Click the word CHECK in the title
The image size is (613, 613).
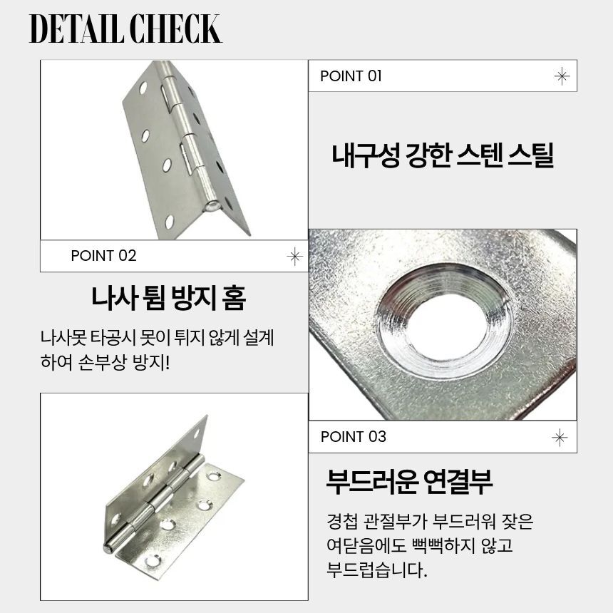tap(175, 29)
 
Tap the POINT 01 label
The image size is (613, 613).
tap(351, 76)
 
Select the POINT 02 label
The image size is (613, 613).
tap(103, 256)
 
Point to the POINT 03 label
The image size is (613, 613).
tap(353, 437)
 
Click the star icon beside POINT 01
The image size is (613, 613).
tap(562, 76)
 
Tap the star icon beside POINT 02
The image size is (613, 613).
tap(295, 257)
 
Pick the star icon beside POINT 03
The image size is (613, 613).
tap(560, 438)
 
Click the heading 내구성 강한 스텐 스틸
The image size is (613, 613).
tap(443, 155)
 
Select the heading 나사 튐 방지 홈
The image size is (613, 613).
tap(169, 298)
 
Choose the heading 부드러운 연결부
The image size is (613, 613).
tap(409, 481)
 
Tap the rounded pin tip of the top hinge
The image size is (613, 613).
tap(212, 205)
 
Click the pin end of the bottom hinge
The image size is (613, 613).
tap(108, 547)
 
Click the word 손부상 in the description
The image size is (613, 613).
tap(103, 362)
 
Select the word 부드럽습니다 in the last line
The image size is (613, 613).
tap(377, 570)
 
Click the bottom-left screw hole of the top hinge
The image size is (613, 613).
tap(169, 222)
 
